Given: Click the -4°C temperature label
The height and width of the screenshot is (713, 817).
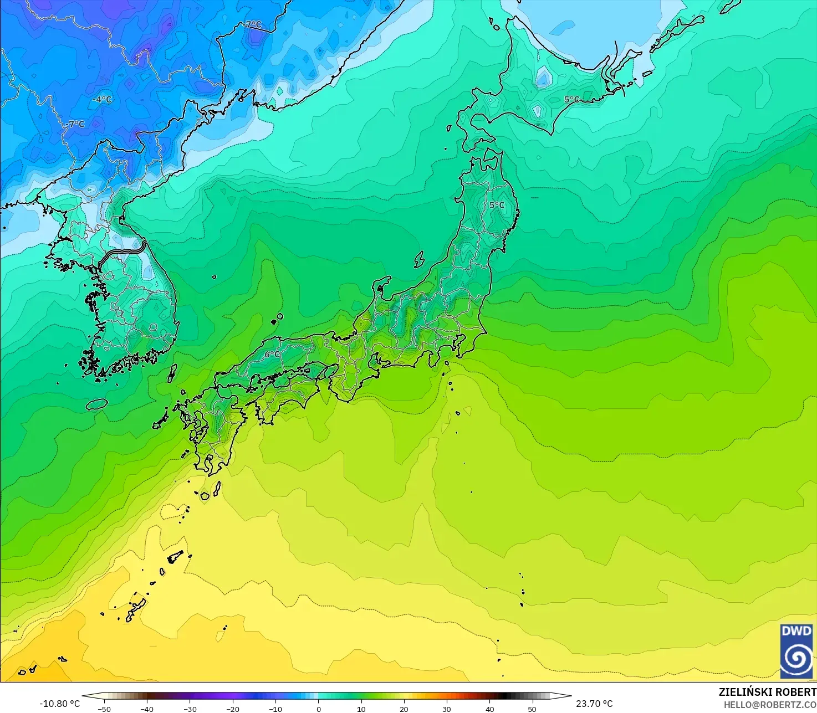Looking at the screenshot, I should coord(103,100).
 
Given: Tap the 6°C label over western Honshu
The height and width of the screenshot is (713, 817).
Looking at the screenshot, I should coord(272,355).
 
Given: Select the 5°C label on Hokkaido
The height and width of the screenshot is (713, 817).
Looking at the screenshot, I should coord(571,100).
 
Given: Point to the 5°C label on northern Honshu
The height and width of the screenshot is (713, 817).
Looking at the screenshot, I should coord(497,205).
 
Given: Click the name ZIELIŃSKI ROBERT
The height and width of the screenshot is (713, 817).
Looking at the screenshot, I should coord(767,692).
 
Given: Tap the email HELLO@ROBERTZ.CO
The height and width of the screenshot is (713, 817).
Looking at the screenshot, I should coord(770,704).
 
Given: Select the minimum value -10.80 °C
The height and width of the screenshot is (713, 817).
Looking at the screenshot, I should coord(59,704).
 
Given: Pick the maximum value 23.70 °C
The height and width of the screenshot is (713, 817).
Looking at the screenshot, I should coord(594,704).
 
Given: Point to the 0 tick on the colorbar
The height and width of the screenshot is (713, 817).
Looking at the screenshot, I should coord(318,709).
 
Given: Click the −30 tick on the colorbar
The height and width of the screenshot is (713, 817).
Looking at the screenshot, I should coord(190,709).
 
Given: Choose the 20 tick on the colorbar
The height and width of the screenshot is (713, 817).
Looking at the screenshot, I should coord(404,709).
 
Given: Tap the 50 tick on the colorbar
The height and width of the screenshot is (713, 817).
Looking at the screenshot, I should coord(532,709).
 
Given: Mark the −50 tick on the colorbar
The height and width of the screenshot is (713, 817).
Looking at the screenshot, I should coord(104,709).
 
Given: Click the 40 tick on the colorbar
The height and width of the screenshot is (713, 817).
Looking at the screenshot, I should coord(489,709).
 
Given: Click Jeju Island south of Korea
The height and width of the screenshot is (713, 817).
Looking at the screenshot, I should coord(96,404).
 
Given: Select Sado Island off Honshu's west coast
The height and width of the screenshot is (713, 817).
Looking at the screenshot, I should coord(419,259).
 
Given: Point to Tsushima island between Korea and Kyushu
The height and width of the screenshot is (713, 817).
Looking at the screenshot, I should coord(172,373).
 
